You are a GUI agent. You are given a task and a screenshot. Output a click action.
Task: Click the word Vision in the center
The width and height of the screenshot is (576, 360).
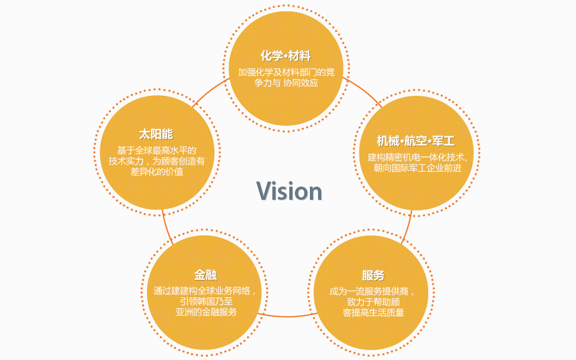(289, 191)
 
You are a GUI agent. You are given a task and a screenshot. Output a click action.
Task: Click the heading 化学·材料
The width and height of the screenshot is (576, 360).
(285, 56)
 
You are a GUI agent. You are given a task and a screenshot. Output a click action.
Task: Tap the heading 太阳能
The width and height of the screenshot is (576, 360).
(156, 134)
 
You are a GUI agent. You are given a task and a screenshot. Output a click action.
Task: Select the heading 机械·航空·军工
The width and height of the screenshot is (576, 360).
(416, 141)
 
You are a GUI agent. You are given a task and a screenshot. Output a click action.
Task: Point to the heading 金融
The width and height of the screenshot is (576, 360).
(205, 275)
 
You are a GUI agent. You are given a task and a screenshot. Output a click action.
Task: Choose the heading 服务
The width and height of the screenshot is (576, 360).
(373, 275)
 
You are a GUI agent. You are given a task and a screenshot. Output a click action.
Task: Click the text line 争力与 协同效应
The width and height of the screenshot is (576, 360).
(286, 83)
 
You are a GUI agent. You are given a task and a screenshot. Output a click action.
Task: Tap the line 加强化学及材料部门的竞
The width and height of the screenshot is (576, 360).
(286, 72)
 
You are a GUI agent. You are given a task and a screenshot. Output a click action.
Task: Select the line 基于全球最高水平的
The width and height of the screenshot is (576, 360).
(157, 150)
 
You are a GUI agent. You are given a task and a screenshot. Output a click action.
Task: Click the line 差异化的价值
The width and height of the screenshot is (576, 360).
(157, 172)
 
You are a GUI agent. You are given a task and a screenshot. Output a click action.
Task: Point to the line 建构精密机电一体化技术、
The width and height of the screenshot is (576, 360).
(418, 157)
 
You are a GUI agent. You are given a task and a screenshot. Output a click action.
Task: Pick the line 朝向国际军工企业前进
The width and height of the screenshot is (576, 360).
(418, 168)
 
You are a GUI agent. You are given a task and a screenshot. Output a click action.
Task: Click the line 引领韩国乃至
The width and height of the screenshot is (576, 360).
(206, 302)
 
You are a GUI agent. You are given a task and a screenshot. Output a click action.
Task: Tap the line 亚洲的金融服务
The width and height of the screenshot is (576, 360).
(206, 312)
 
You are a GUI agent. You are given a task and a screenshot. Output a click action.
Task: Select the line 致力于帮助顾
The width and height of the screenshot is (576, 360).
(373, 302)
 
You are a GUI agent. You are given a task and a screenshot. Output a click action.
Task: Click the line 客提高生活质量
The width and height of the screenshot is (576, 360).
(373, 312)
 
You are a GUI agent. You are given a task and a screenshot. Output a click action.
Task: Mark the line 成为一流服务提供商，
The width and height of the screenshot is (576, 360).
(373, 291)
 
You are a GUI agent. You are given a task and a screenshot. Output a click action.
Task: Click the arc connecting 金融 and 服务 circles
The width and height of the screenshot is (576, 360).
(287, 316)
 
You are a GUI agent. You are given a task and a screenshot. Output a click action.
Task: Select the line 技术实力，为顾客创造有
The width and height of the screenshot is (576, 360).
(157, 161)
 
